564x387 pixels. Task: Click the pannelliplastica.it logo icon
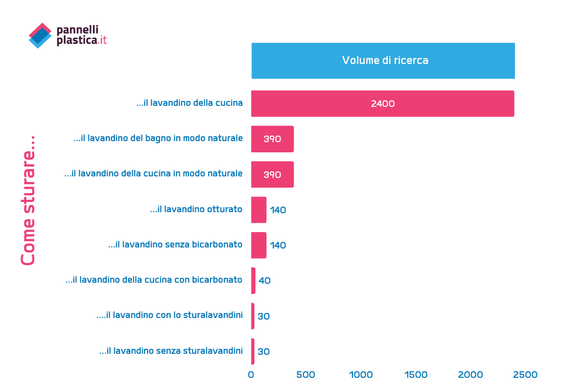point(40,35)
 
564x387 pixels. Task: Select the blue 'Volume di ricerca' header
point(383,60)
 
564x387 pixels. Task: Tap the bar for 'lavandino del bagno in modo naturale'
point(272,139)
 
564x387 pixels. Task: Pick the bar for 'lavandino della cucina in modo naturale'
point(272,174)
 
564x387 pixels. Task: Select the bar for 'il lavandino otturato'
point(258,210)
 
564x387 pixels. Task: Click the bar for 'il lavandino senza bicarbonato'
point(258,245)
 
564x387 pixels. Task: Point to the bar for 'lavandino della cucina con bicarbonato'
point(253,281)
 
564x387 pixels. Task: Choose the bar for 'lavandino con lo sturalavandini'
point(253,316)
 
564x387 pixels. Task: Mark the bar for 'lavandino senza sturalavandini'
point(253,351)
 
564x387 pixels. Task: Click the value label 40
point(265,281)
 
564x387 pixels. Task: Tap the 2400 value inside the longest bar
point(383,104)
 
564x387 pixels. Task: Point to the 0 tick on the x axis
point(251,375)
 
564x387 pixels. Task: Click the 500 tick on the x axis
point(306,375)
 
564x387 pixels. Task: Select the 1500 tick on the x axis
point(416,375)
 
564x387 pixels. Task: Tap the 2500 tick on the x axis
point(526,375)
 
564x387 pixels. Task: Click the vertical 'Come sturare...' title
point(29,200)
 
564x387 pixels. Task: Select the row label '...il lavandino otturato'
point(196,209)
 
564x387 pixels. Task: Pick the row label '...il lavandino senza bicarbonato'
point(175,244)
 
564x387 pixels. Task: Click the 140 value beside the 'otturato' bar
point(278,210)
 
